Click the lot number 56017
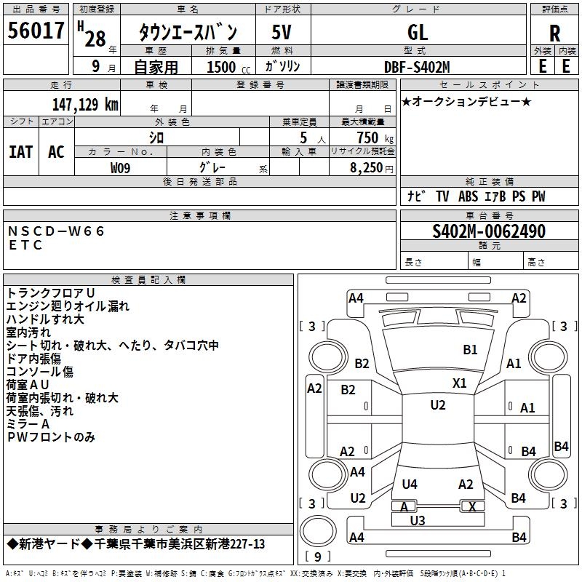tap(36, 31)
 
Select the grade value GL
tap(418, 32)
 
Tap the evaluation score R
tap(554, 33)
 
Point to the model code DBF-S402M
tap(417, 67)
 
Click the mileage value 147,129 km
tap(85, 105)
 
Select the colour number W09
tap(120, 168)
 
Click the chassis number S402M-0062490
tap(489, 231)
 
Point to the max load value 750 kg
tap(375, 137)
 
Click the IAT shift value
tap(21, 152)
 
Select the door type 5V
tap(282, 32)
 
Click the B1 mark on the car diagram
tap(470, 350)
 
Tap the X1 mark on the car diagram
tap(460, 383)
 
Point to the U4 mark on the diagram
tap(410, 484)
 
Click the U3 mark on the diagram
tap(418, 520)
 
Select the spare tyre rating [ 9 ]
tap(318, 557)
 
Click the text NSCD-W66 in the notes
tap(56, 231)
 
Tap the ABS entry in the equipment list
tap(468, 196)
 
